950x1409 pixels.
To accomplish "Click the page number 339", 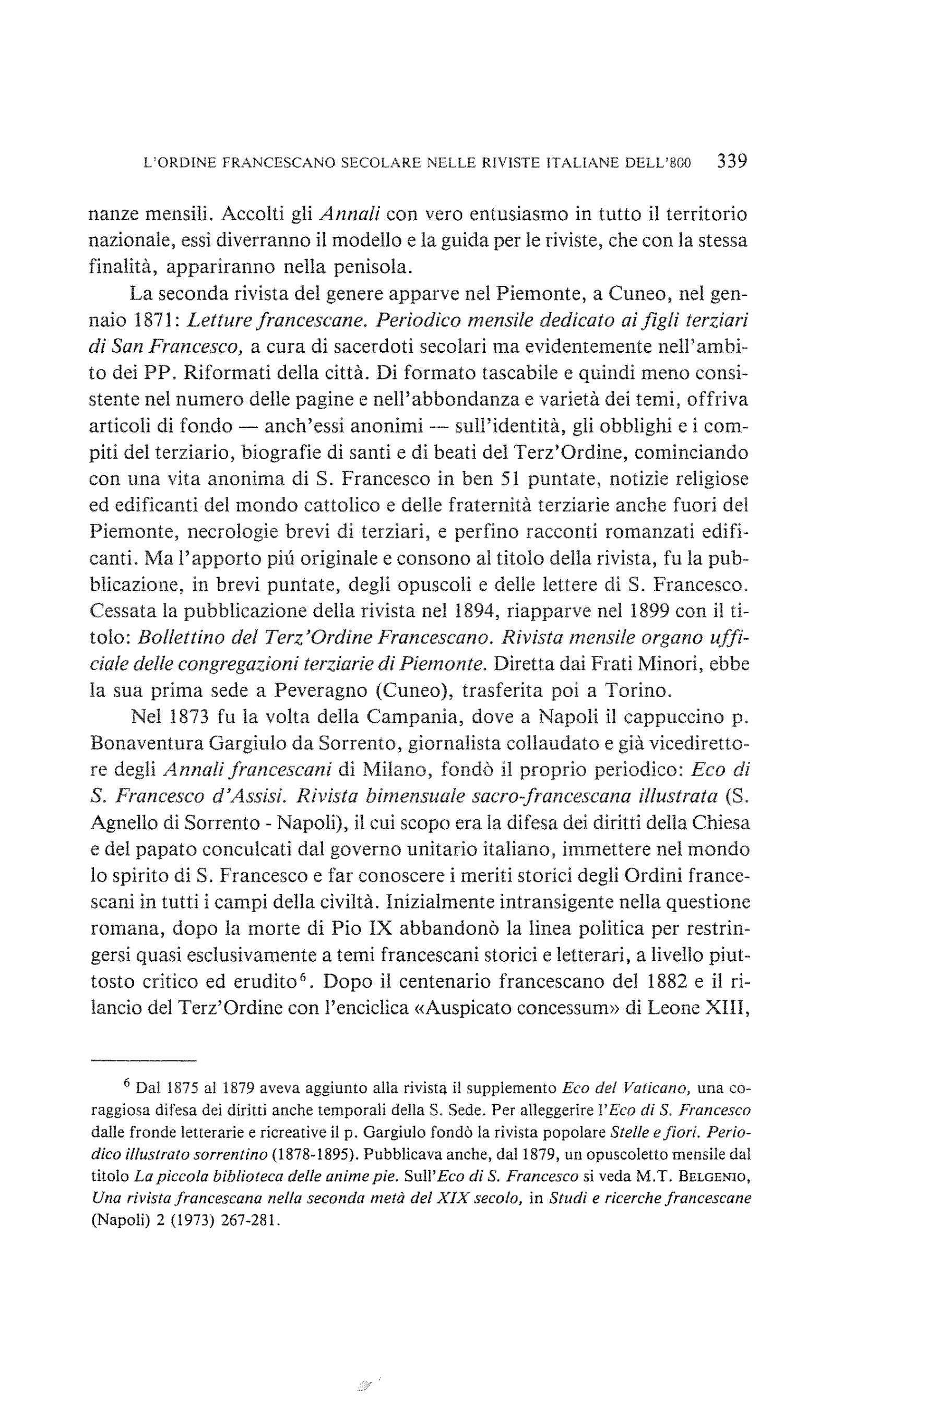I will (732, 161).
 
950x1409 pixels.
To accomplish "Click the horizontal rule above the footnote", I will (144, 1061).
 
